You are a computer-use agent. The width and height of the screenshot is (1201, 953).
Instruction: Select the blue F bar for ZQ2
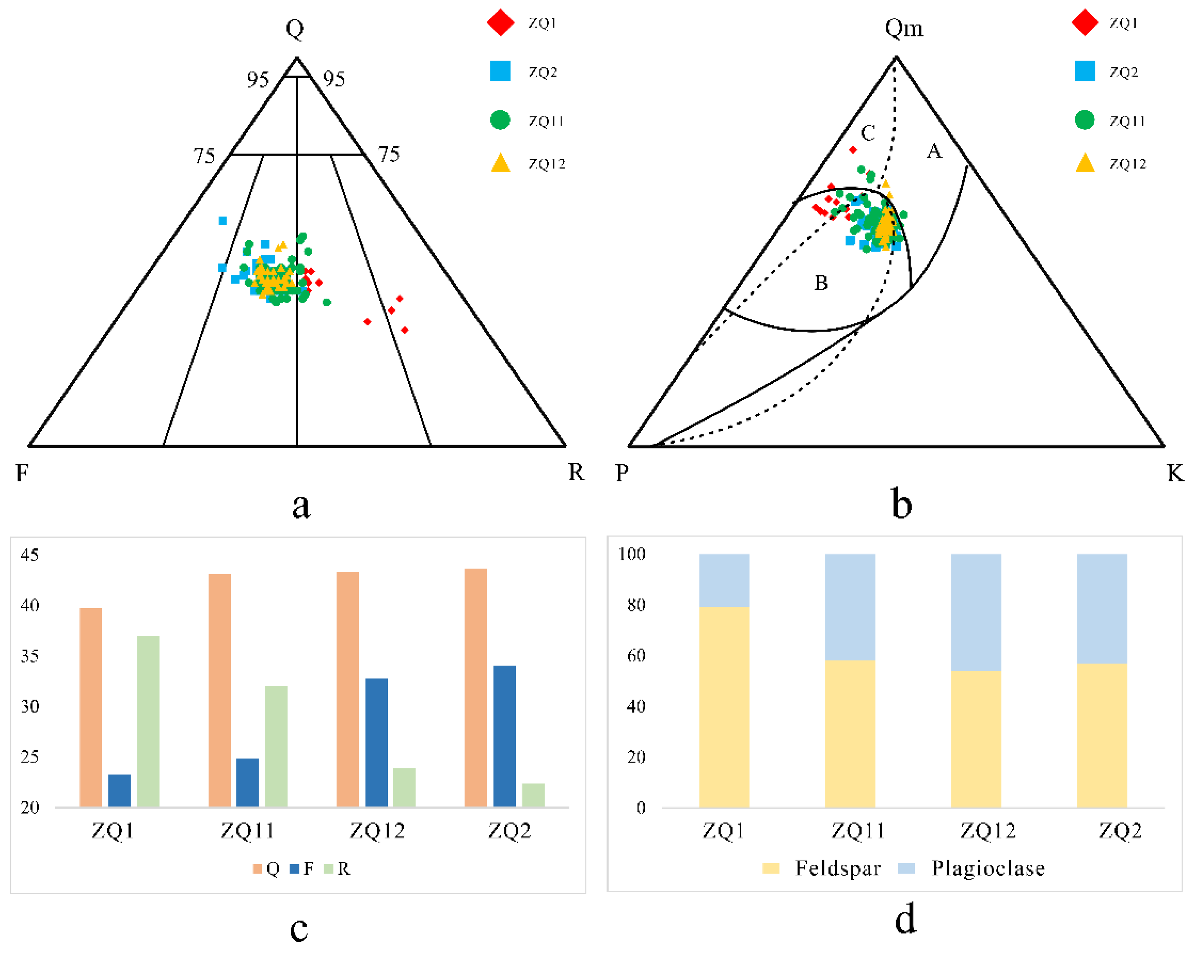[x=505, y=736]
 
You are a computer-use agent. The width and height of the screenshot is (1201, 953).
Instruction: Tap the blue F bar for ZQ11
[x=247, y=782]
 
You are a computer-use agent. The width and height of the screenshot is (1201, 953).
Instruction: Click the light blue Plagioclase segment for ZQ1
[x=724, y=580]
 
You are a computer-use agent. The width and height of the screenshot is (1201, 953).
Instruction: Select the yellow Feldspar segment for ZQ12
[x=976, y=739]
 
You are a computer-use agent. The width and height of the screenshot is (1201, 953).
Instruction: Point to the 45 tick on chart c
[x=29, y=555]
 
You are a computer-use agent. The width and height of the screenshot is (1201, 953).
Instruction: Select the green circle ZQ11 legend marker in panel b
[x=1084, y=120]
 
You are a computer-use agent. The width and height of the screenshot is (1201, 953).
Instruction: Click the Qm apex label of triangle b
[x=904, y=28]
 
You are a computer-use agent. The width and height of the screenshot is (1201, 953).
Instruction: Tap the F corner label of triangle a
[x=22, y=473]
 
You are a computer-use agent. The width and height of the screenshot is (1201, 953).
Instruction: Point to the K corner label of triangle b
[x=1176, y=473]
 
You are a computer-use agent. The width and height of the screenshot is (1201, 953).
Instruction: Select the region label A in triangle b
[x=934, y=151]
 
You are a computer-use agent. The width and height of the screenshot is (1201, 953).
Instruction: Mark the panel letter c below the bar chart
[x=299, y=928]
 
